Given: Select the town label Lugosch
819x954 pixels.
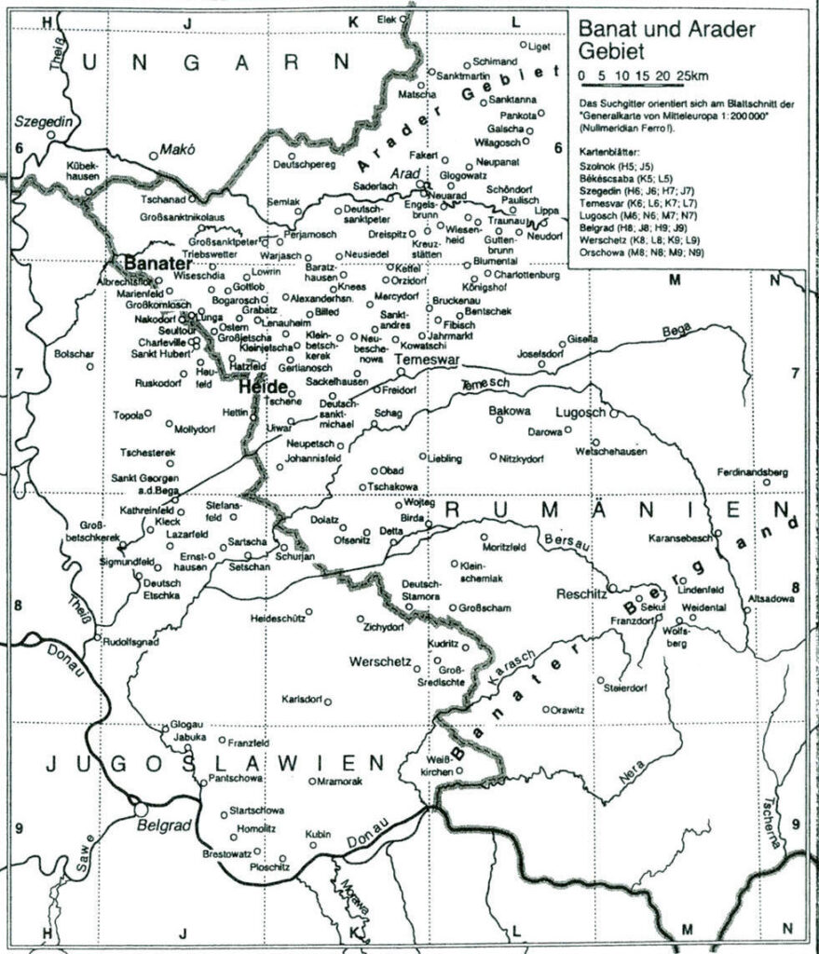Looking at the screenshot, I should (580, 410).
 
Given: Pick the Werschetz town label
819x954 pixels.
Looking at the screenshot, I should (379, 662).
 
